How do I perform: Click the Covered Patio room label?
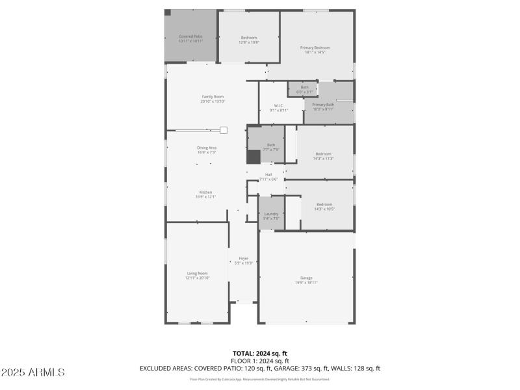[x=191, y=38]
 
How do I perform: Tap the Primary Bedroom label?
[x=315, y=49]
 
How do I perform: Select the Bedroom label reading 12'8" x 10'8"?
[x=249, y=40]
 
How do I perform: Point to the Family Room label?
[x=213, y=99]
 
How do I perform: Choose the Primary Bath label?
[x=323, y=107]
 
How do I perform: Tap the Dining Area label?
[x=207, y=150]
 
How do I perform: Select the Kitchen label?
[x=206, y=194]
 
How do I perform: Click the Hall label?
[x=268, y=176]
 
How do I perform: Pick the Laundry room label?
[x=271, y=216]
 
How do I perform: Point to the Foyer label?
[x=244, y=260]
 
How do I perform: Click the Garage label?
[x=306, y=280]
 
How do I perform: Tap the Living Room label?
[x=196, y=275]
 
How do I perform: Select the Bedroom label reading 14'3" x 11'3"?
[x=324, y=156]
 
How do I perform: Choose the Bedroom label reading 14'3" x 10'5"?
[x=324, y=206]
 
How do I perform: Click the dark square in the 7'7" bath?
[x=253, y=157]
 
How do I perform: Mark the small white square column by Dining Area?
[x=223, y=130]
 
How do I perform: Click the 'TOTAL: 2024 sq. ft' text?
[x=260, y=354]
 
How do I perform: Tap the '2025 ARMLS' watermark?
[x=32, y=372]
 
